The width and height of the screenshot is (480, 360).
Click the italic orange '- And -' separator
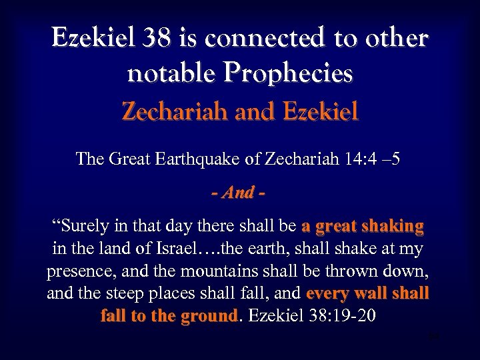[239, 193]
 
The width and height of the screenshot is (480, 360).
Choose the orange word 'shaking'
[393, 227]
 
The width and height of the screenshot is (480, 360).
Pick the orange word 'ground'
[205, 315]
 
